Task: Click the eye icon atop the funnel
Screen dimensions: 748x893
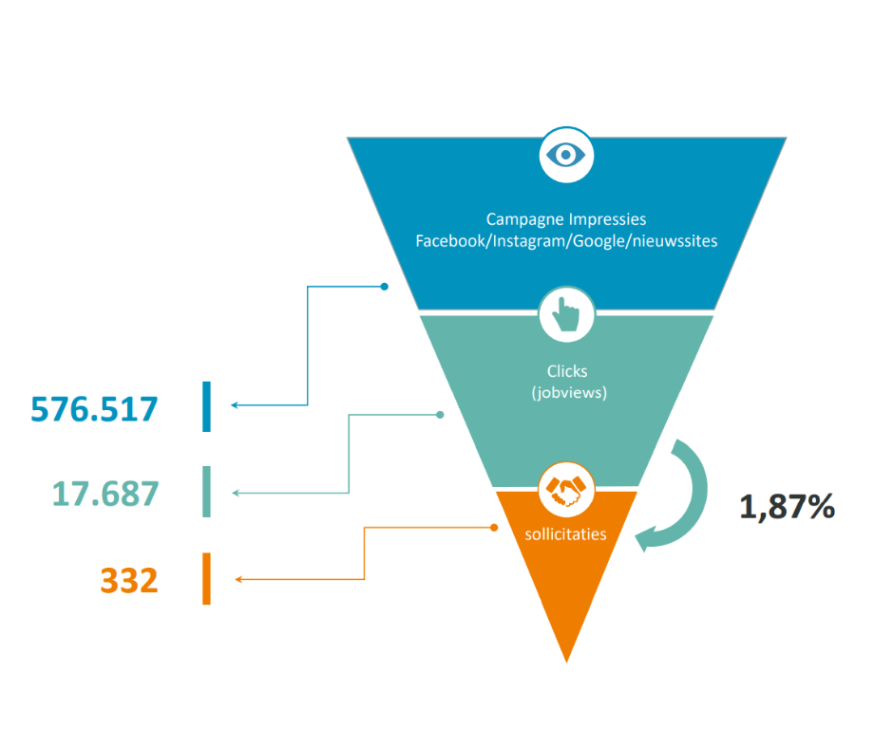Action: click(x=566, y=154)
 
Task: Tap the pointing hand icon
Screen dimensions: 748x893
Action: click(x=566, y=315)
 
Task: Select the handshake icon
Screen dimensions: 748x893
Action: click(x=566, y=490)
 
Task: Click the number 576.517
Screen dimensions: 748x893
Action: click(x=94, y=408)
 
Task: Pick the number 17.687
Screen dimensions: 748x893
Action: click(x=104, y=494)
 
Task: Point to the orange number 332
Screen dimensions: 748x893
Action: click(x=128, y=579)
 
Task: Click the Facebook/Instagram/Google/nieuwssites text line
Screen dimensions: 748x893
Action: click(x=566, y=241)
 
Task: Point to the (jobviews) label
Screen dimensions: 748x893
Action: click(x=567, y=391)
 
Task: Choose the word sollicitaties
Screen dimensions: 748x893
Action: click(x=565, y=533)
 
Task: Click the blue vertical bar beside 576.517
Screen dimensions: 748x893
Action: click(x=206, y=406)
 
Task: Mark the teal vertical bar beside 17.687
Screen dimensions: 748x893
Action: click(x=206, y=492)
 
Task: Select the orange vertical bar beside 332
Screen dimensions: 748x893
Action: click(x=206, y=579)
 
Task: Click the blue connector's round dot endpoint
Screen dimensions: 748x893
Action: click(x=384, y=286)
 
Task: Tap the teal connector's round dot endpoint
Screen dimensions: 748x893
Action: click(x=440, y=415)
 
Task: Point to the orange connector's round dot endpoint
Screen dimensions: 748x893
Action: click(x=493, y=528)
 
